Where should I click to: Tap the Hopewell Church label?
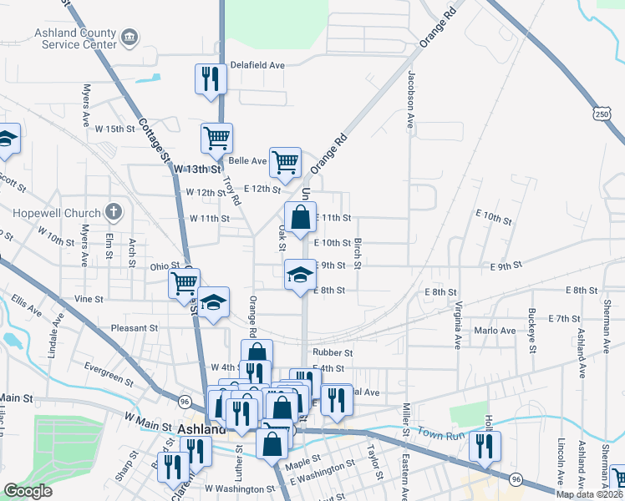[56, 213]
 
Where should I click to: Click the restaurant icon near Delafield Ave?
[210, 79]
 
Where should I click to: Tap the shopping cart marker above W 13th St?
[216, 138]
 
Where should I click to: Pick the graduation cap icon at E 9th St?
[301, 275]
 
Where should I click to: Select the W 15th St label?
[114, 129]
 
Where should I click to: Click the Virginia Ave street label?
[457, 326]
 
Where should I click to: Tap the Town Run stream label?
[440, 433]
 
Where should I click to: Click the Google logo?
[28, 491]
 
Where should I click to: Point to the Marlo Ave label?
[495, 331]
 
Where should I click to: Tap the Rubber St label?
[333, 353]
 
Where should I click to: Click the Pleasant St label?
[134, 329]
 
